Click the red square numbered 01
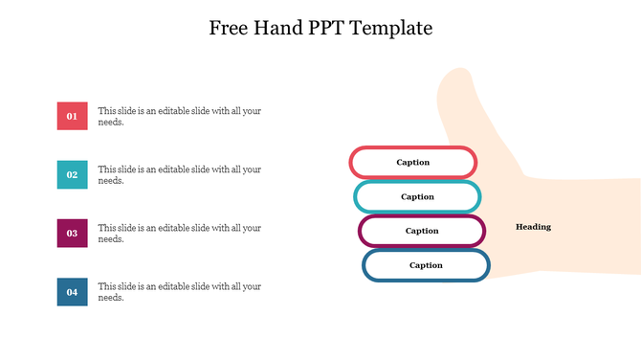(x=72, y=116)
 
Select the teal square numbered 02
(x=72, y=174)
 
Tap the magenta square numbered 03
(x=72, y=233)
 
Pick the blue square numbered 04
(x=72, y=291)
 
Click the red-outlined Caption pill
(x=448, y=162)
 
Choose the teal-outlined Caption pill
(x=453, y=196)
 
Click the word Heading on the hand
(x=533, y=227)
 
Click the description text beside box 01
(x=179, y=116)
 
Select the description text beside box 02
(x=179, y=174)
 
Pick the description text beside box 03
(x=179, y=233)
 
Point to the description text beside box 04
(x=179, y=291)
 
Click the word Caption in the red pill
(x=413, y=162)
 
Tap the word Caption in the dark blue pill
(x=426, y=265)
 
